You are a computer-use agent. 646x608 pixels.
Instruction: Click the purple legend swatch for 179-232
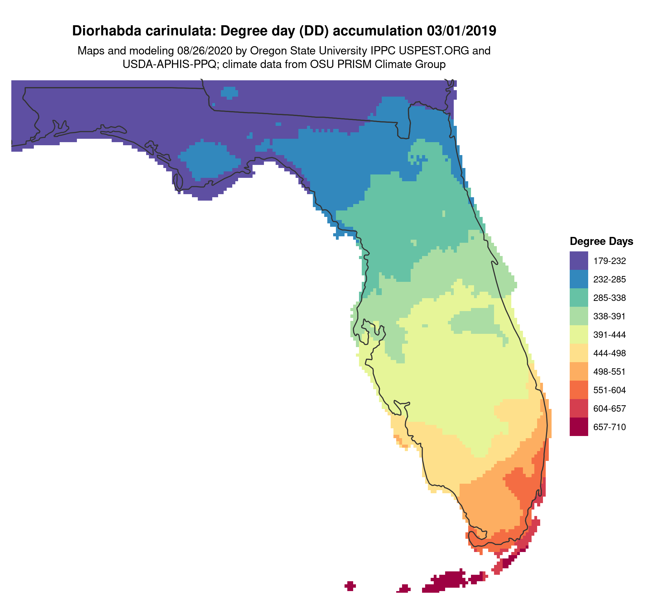click(x=578, y=260)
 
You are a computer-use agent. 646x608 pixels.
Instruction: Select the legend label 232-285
click(x=609, y=279)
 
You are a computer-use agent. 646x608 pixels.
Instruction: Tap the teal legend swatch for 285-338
click(x=578, y=297)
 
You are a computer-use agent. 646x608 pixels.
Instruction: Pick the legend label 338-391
click(x=609, y=316)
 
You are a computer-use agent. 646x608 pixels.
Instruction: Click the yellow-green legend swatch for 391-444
click(x=578, y=334)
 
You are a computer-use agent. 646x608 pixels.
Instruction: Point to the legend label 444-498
click(x=609, y=353)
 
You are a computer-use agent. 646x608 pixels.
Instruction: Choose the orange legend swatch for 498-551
click(x=578, y=371)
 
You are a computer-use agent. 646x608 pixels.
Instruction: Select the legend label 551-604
click(x=609, y=390)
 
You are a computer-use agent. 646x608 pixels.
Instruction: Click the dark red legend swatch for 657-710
click(x=578, y=427)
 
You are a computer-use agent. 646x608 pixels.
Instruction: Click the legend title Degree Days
click(x=601, y=241)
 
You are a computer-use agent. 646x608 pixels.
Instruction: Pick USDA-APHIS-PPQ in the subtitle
click(x=169, y=64)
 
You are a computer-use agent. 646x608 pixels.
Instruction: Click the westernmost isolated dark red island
click(x=350, y=586)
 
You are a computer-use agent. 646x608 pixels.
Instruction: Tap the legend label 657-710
click(x=609, y=427)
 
